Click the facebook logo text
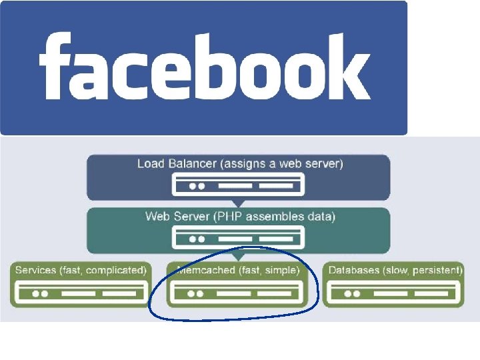click(x=204, y=67)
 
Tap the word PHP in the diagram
click(x=243, y=216)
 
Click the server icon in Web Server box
click(x=238, y=237)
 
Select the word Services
click(x=35, y=270)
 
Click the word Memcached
click(x=205, y=270)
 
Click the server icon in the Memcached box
click(x=238, y=292)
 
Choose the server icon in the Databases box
click(x=393, y=292)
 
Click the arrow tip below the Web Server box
click(x=238, y=259)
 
